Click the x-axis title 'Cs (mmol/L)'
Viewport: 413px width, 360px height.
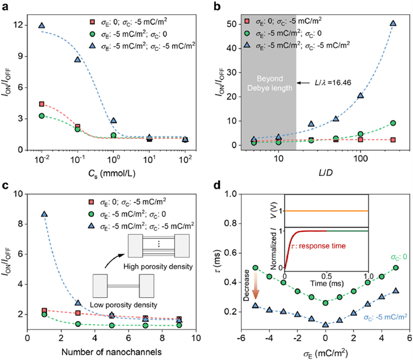tap(112, 175)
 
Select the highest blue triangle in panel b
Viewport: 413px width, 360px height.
tap(393, 24)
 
